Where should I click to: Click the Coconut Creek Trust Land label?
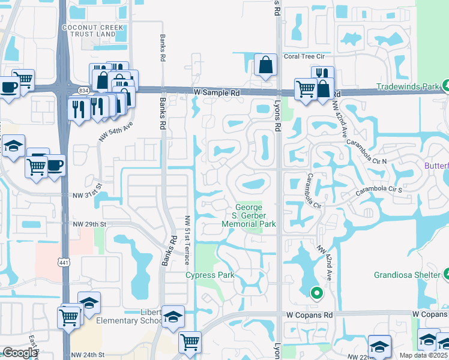point(93,31)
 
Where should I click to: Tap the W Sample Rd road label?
point(217,93)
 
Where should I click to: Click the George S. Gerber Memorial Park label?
point(249,215)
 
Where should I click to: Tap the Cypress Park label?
point(209,275)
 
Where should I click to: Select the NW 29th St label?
point(89,224)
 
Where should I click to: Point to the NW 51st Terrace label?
point(188,241)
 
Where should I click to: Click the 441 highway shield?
point(63,262)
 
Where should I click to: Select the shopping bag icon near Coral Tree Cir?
point(265,66)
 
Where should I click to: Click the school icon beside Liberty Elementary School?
point(173,317)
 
